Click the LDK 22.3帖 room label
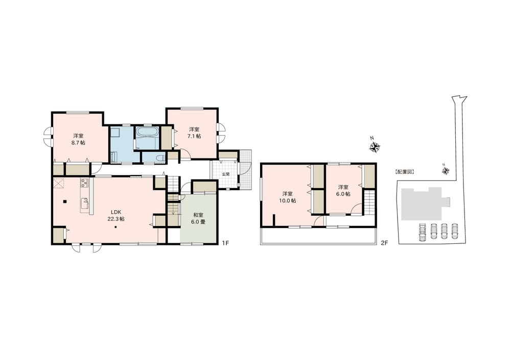[116, 216]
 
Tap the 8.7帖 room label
[78, 139]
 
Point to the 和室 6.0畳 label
[198, 218]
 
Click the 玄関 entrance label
[225, 174]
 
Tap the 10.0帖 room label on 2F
[287, 197]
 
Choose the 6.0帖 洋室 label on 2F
[343, 190]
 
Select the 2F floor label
[384, 242]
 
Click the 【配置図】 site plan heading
[404, 171]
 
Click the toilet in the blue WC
[159, 158]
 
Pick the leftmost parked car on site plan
[423, 232]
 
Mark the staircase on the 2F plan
[368, 203]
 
